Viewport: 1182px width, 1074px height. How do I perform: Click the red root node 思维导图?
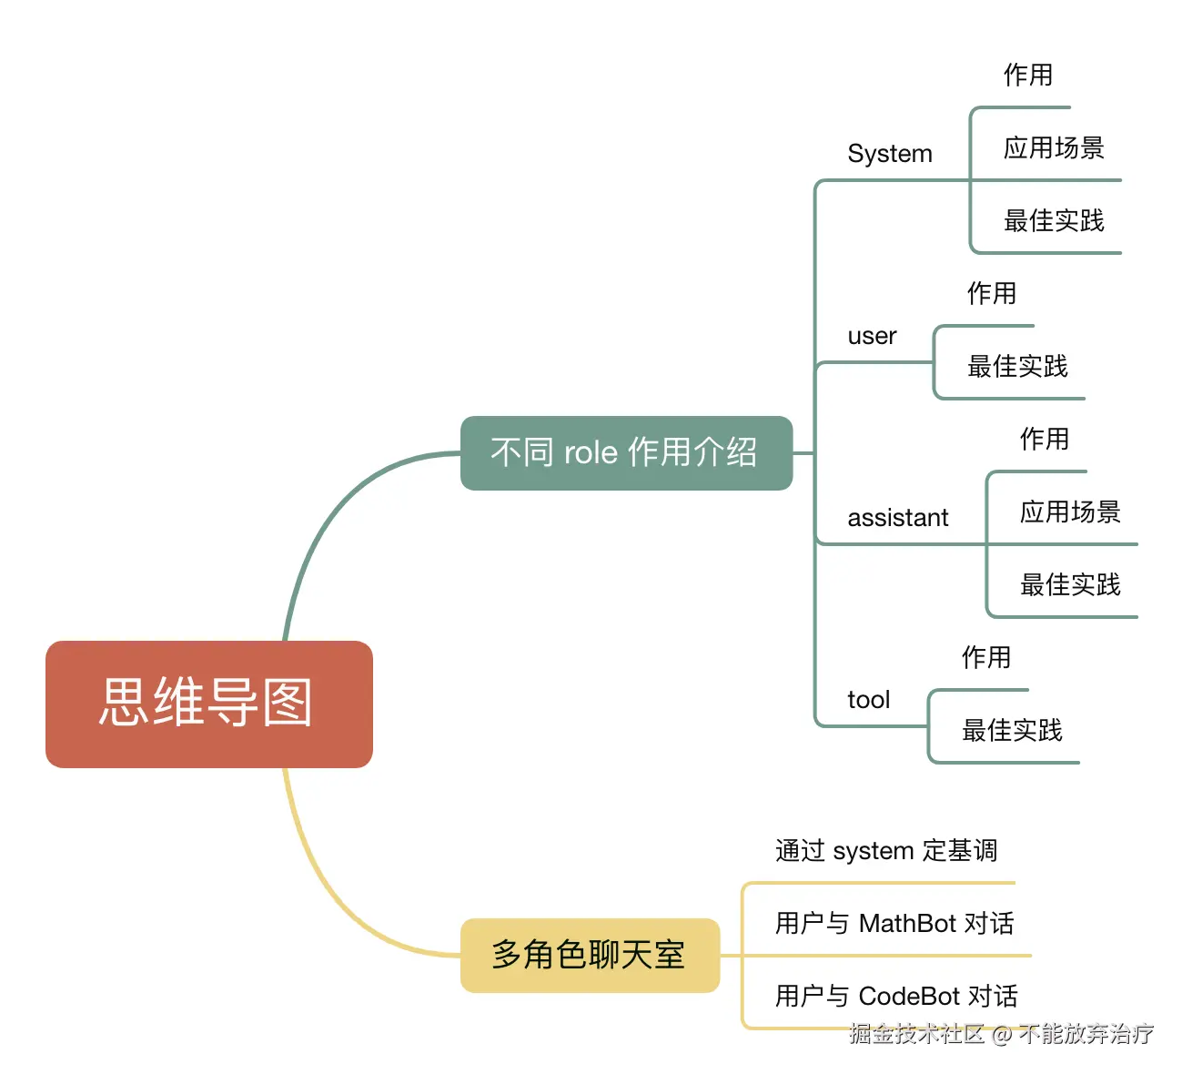click(208, 704)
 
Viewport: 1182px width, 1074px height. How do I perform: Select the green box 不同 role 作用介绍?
click(626, 452)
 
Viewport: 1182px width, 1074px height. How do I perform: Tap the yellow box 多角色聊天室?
click(590, 955)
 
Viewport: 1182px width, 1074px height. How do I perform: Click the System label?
click(889, 154)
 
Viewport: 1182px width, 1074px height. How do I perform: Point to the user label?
click(872, 336)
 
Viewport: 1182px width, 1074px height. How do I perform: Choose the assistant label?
click(897, 518)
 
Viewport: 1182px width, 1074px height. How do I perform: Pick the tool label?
click(868, 700)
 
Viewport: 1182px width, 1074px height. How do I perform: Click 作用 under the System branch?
click(1027, 75)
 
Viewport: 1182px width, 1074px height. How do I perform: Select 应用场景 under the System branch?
click(1053, 147)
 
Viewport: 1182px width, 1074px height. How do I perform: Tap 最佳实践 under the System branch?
click(1053, 220)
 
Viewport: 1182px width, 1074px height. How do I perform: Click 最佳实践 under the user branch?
click(1016, 366)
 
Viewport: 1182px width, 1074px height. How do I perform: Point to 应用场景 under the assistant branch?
click(1069, 512)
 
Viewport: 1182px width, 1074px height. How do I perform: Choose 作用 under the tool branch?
click(985, 657)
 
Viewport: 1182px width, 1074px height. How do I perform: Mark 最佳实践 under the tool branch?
click(1011, 730)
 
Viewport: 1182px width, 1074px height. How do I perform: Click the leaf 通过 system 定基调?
click(885, 851)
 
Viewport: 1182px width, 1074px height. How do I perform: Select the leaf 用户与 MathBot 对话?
click(894, 924)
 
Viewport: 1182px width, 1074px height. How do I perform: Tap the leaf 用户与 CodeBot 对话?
click(895, 997)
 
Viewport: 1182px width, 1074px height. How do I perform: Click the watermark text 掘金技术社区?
click(916, 1034)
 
